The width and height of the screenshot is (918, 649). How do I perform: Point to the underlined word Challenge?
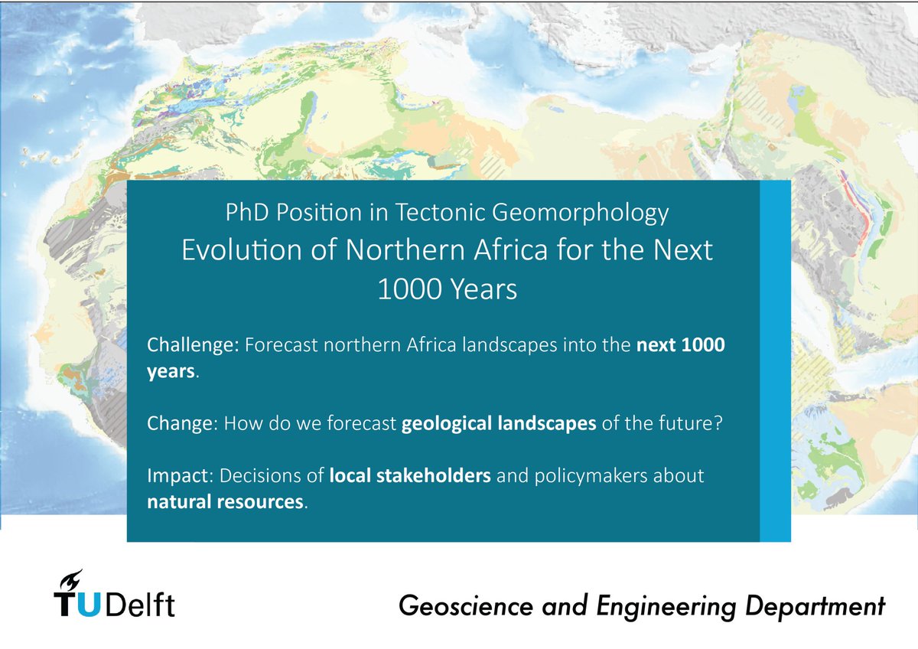click(193, 346)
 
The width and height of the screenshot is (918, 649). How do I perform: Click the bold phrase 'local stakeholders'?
click(411, 476)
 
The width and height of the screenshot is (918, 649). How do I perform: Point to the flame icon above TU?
click(74, 579)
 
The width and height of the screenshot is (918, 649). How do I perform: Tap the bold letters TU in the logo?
click(76, 605)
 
